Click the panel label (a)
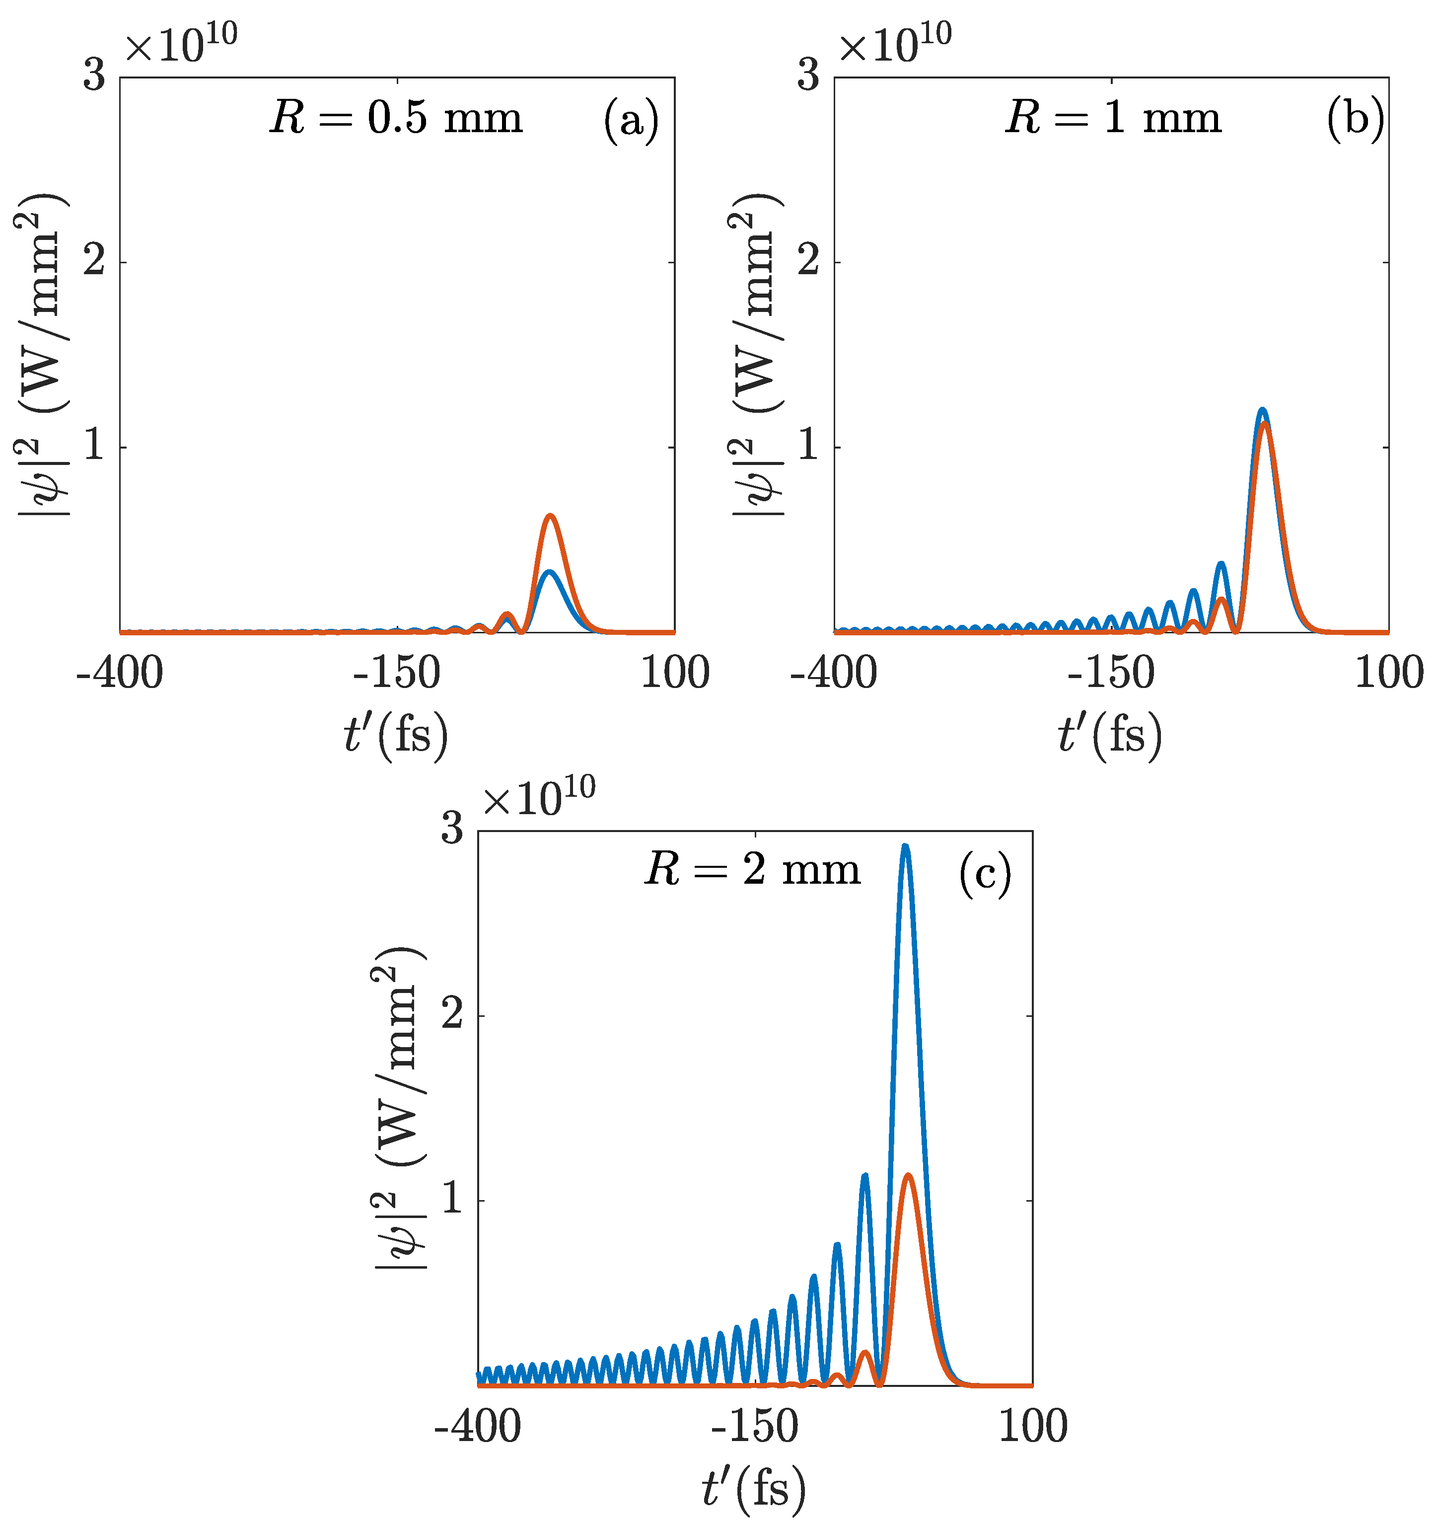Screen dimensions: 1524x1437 (631, 120)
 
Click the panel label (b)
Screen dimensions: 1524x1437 (1355, 120)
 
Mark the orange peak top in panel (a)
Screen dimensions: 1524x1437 (550, 516)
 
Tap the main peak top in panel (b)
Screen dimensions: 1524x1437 (1262, 410)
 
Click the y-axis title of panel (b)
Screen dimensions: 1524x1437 (756, 354)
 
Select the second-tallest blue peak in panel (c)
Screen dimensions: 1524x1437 (864, 1175)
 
